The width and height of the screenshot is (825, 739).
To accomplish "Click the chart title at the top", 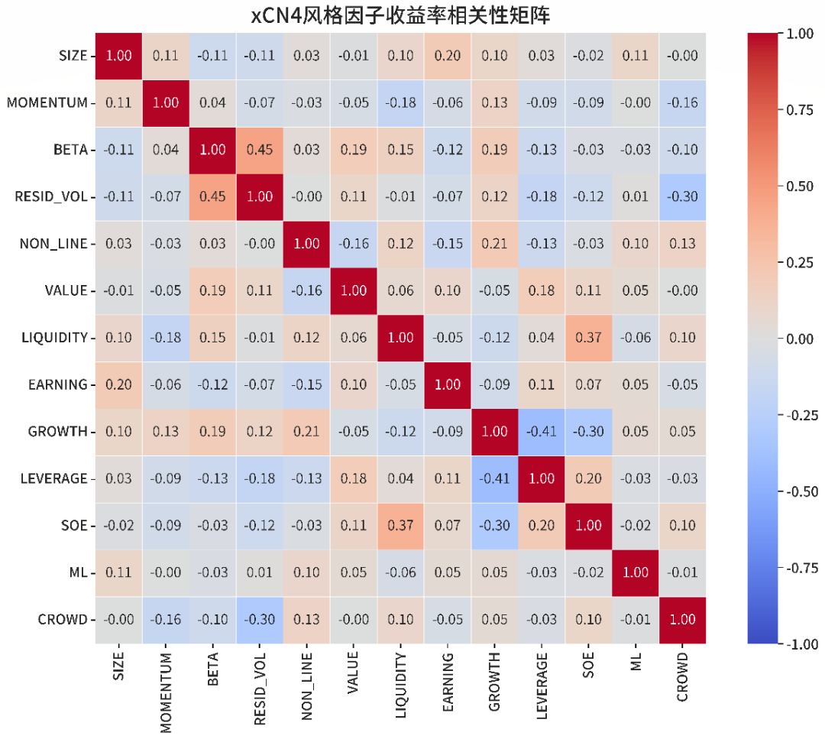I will click(400, 15).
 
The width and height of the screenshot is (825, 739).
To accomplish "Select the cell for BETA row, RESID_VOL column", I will click(260, 150).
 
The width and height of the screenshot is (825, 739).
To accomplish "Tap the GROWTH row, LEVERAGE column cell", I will click(542, 432).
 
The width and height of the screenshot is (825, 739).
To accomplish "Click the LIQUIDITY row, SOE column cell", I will click(588, 338).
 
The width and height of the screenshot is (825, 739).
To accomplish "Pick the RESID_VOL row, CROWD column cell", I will click(682, 197).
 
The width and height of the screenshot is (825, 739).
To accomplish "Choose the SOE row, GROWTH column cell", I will click(494, 526).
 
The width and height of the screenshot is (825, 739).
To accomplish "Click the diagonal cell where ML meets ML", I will click(636, 572).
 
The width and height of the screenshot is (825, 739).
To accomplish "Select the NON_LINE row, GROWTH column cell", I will click(494, 244).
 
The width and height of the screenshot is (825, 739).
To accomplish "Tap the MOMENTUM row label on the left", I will click(47, 103).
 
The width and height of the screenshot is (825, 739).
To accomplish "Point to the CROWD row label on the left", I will click(63, 620).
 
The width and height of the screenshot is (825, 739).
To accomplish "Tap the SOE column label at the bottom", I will click(588, 666).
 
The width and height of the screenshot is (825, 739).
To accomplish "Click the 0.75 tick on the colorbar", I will click(801, 110).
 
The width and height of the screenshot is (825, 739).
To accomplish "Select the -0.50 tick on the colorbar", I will click(799, 491).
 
